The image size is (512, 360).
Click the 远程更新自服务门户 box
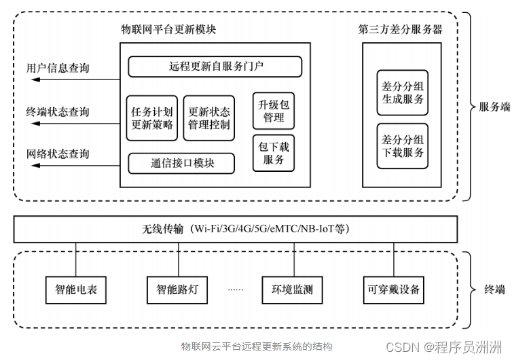pos(215,67)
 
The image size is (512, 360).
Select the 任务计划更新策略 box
pos(152,118)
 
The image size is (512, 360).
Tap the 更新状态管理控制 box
pos(208,118)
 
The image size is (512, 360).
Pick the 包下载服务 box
pos(274,153)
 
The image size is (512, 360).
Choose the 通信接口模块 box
pos(181,164)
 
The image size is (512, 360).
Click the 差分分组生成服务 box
pos(403,93)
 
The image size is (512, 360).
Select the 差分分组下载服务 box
pos(403,146)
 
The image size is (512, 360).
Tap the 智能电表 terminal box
pos(76,289)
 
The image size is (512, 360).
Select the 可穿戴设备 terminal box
pos(394,289)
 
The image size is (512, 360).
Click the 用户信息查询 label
pos(58,69)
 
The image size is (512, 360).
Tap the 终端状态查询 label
pos(58,111)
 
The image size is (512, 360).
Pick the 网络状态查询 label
pos(58,154)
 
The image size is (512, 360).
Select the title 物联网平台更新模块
pos(168,31)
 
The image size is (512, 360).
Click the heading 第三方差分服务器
pos(401,30)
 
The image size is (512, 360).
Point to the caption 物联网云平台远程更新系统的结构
pos(257,346)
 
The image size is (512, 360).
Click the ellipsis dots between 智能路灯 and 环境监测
pos(235,290)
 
